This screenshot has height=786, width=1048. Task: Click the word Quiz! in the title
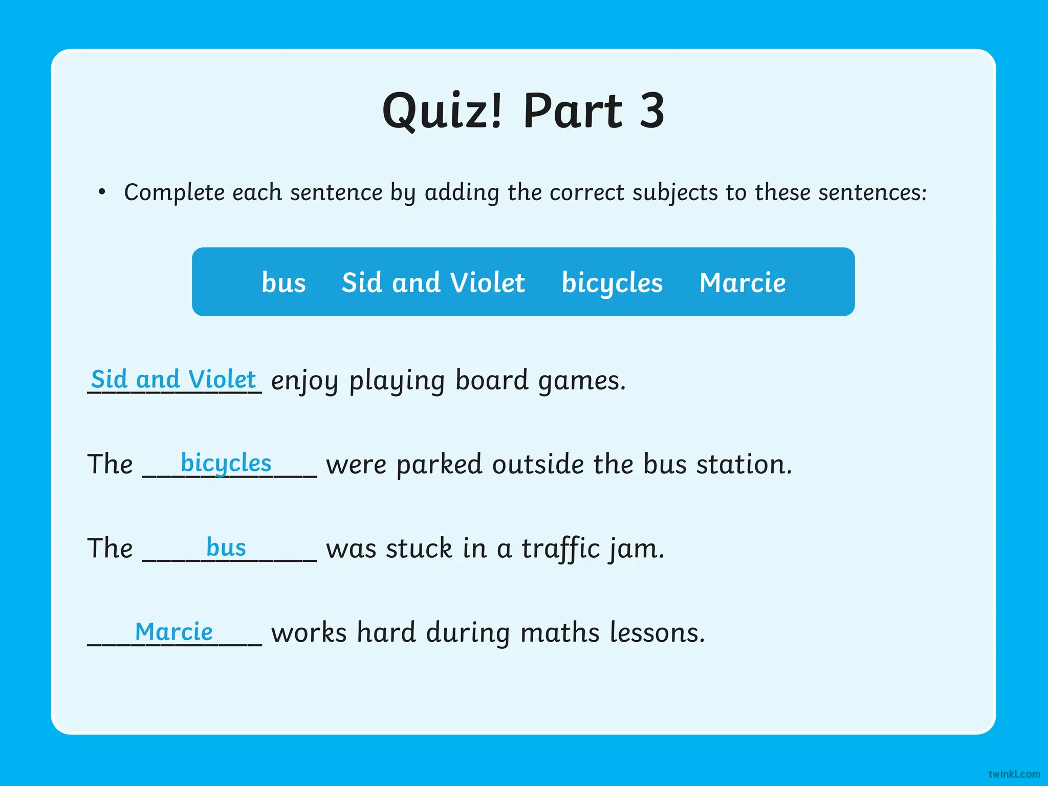coord(443,111)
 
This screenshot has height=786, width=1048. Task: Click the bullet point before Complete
coord(102,192)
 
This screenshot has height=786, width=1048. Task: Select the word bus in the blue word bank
coord(283,282)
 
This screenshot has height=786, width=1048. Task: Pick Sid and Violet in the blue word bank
coord(433,282)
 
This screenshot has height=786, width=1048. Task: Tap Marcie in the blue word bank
coord(743,282)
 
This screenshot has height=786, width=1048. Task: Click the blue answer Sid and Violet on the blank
coord(173,379)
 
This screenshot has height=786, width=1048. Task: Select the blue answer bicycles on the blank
coord(226,463)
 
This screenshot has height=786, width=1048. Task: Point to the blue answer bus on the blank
coord(226,547)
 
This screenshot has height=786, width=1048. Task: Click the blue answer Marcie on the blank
coord(173,631)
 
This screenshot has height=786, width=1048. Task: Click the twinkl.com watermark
coord(1014,774)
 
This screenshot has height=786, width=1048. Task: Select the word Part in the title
coord(573,111)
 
